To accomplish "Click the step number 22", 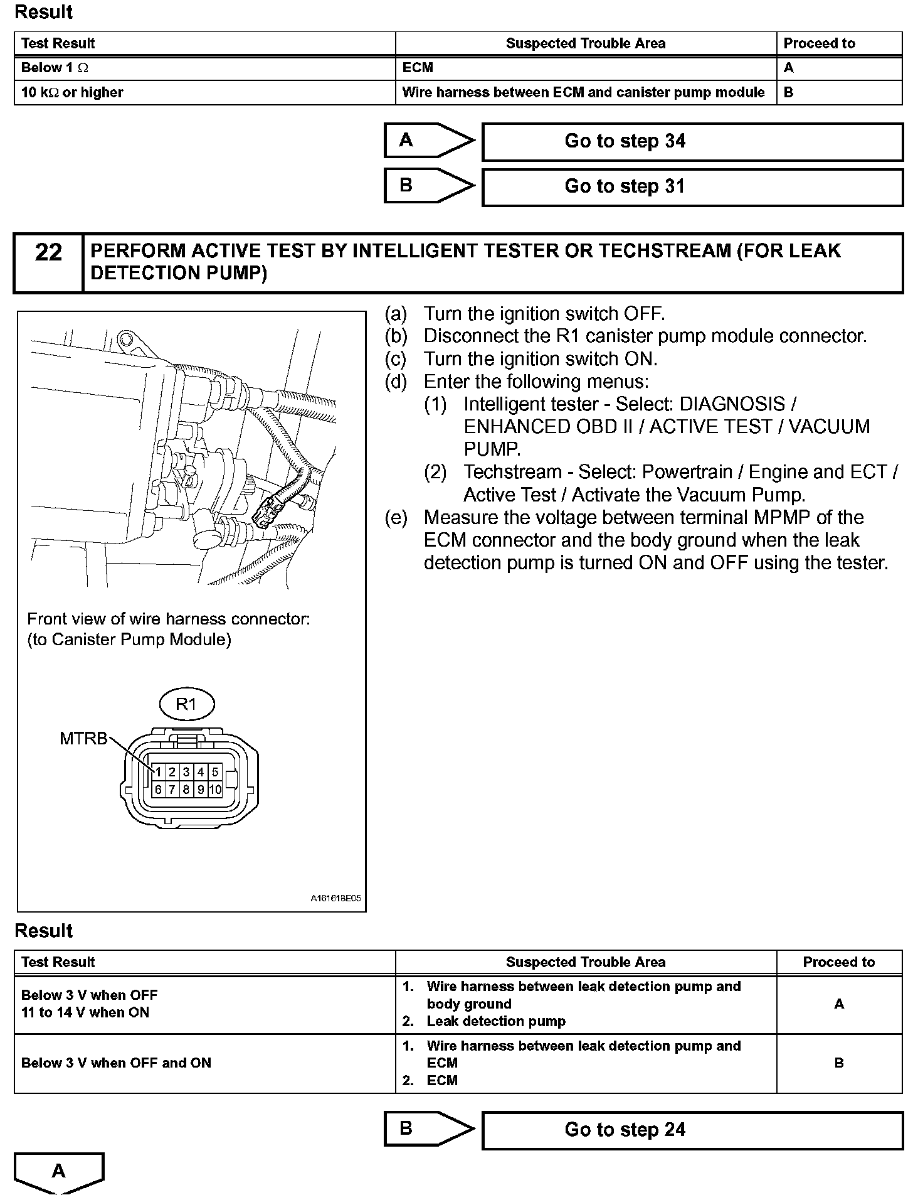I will pyautogui.click(x=48, y=252).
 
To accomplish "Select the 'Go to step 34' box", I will pyautogui.click(x=692, y=141).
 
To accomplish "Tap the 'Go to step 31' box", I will pyautogui.click(x=692, y=186).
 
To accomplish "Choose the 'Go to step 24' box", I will pyautogui.click(x=692, y=1130).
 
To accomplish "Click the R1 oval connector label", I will pyautogui.click(x=186, y=704).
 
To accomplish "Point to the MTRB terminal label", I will pyautogui.click(x=83, y=738).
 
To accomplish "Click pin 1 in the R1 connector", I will pyautogui.click(x=158, y=772).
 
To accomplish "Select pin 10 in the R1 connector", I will pyautogui.click(x=215, y=790).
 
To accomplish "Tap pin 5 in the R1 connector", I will pyautogui.click(x=215, y=772).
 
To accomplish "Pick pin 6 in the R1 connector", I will pyautogui.click(x=158, y=790).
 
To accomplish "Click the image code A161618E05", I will pyautogui.click(x=335, y=898).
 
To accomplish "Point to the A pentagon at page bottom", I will pyautogui.click(x=58, y=1171).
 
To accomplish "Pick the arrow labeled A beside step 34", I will pyautogui.click(x=428, y=141).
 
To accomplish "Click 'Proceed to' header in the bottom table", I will pyautogui.click(x=838, y=962).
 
